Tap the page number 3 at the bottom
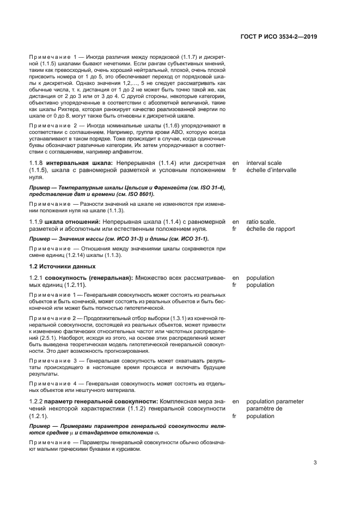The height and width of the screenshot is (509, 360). click(x=315, y=463)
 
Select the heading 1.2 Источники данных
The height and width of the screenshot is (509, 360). click(x=62, y=266)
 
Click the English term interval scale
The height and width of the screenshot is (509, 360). click(x=264, y=162)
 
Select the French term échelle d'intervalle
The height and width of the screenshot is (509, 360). click(x=271, y=170)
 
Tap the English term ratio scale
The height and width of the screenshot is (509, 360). click(x=261, y=222)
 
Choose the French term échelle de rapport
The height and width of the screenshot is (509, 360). click(x=271, y=229)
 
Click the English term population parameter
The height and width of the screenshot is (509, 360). click(x=274, y=401)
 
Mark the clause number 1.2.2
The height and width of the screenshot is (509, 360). click(x=36, y=401)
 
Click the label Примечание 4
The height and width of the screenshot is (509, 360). click(x=50, y=383)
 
